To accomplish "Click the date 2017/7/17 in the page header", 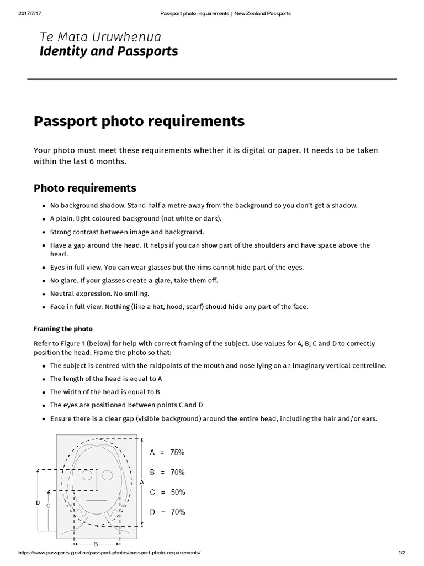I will pyautogui.click(x=30, y=13).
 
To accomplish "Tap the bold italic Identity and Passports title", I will pyautogui.click(x=108, y=52).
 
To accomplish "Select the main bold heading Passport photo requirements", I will pyautogui.click(x=139, y=120).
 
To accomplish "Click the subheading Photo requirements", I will pyautogui.click(x=84, y=188).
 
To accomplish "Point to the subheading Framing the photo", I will pyautogui.click(x=63, y=329).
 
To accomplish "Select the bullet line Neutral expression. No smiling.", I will pyautogui.click(x=99, y=294).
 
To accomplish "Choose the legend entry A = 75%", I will pyautogui.click(x=167, y=452).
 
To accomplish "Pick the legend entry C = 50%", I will pyautogui.click(x=167, y=492).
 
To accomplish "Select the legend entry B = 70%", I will pyautogui.click(x=167, y=472).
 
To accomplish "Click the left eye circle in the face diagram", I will pyautogui.click(x=87, y=475).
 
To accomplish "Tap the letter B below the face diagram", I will pyautogui.click(x=96, y=544).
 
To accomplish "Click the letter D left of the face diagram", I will pyautogui.click(x=38, y=502).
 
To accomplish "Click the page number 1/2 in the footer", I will pyautogui.click(x=401, y=553).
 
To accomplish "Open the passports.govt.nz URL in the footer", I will pyautogui.click(x=109, y=553).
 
